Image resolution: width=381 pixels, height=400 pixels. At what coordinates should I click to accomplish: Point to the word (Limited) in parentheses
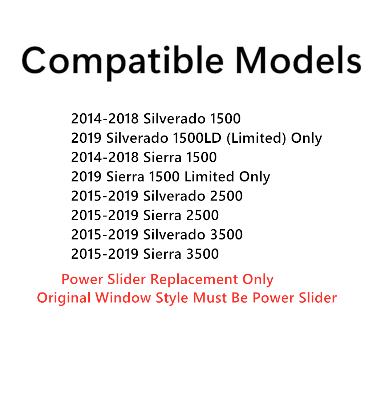tap(256, 138)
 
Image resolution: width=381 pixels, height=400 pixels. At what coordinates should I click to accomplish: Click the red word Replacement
tap(194, 279)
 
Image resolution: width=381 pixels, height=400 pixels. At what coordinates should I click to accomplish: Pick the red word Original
tap(64, 298)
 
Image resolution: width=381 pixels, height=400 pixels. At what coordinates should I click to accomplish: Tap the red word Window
tap(123, 298)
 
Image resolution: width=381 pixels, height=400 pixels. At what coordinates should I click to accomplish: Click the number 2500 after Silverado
tap(226, 196)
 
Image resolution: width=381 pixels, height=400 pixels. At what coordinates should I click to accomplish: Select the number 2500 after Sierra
tap(202, 215)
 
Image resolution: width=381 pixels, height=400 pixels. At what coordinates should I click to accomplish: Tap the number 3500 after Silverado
tap(226, 235)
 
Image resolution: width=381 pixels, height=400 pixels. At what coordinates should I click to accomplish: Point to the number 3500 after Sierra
tap(202, 254)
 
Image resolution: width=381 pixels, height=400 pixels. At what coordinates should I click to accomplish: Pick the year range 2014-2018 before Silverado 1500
tap(105, 119)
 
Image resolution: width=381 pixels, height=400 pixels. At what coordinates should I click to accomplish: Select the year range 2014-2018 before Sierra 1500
tap(105, 157)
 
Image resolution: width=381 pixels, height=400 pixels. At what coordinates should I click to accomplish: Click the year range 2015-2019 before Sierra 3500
tap(105, 254)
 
